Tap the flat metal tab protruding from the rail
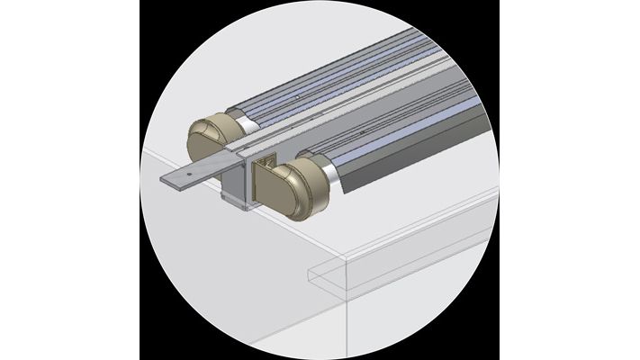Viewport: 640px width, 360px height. click(194, 172)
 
